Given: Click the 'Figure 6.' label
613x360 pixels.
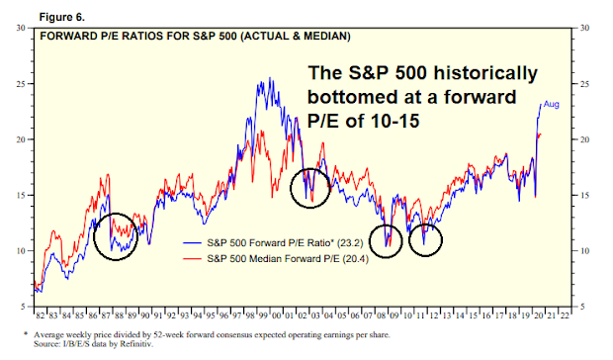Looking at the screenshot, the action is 61,17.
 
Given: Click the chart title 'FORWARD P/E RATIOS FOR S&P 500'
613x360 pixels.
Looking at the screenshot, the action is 138,37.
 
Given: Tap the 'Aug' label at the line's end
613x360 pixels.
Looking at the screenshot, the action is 552,105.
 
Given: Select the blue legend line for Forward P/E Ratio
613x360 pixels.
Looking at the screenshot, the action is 193,243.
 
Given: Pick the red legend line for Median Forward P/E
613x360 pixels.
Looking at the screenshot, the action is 193,259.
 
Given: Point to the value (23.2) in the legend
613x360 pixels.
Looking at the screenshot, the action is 349,243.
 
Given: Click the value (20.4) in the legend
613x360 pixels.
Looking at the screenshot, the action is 355,259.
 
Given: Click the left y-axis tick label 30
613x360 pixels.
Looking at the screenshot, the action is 21,28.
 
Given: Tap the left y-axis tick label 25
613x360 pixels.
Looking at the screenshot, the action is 21,84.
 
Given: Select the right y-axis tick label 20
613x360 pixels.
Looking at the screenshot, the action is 584,139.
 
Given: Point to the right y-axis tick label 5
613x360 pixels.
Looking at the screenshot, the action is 582,307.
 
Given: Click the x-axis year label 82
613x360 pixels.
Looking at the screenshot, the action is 40,315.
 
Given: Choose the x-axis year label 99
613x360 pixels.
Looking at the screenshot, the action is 263,315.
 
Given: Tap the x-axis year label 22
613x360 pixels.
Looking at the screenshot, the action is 565,315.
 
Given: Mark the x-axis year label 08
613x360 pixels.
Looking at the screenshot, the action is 382,315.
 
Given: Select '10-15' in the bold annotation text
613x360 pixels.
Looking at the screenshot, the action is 394,121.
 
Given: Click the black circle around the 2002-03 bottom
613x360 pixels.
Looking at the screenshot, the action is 291,188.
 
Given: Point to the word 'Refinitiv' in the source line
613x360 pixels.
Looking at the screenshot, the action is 135,344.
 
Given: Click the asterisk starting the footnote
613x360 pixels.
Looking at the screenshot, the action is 26,334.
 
